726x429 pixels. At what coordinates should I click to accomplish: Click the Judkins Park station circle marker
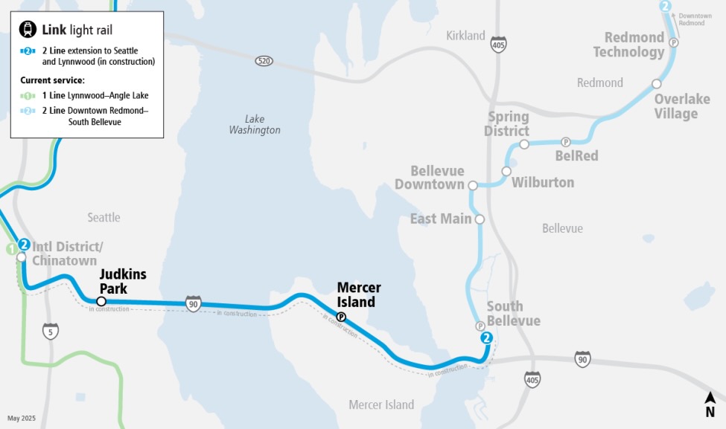coord(101,301)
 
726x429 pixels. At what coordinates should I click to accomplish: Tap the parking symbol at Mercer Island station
coord(341,317)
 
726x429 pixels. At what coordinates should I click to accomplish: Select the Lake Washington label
coord(255,124)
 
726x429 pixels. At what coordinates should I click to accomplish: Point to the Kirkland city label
coord(465,36)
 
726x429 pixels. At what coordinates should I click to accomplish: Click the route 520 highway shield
coord(262,60)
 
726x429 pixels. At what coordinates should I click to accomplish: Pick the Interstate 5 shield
coord(51,331)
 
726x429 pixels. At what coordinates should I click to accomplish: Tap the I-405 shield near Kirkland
coord(498,44)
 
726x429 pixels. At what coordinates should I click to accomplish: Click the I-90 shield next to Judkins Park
coord(194,303)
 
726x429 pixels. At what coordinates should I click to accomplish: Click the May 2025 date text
coord(22,419)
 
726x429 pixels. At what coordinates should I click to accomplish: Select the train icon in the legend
coord(28,30)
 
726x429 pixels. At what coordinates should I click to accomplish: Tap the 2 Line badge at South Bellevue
coord(487,338)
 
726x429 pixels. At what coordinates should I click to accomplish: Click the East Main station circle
coord(480,219)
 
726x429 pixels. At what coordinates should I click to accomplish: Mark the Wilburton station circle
coord(506,171)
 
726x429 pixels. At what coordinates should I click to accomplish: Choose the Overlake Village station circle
coord(656,84)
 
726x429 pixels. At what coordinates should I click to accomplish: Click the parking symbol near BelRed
coord(565,142)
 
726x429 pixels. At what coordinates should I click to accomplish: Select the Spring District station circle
coord(524,144)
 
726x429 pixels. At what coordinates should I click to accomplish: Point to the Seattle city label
coord(104,217)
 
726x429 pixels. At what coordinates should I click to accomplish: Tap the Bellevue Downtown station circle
coord(472,185)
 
